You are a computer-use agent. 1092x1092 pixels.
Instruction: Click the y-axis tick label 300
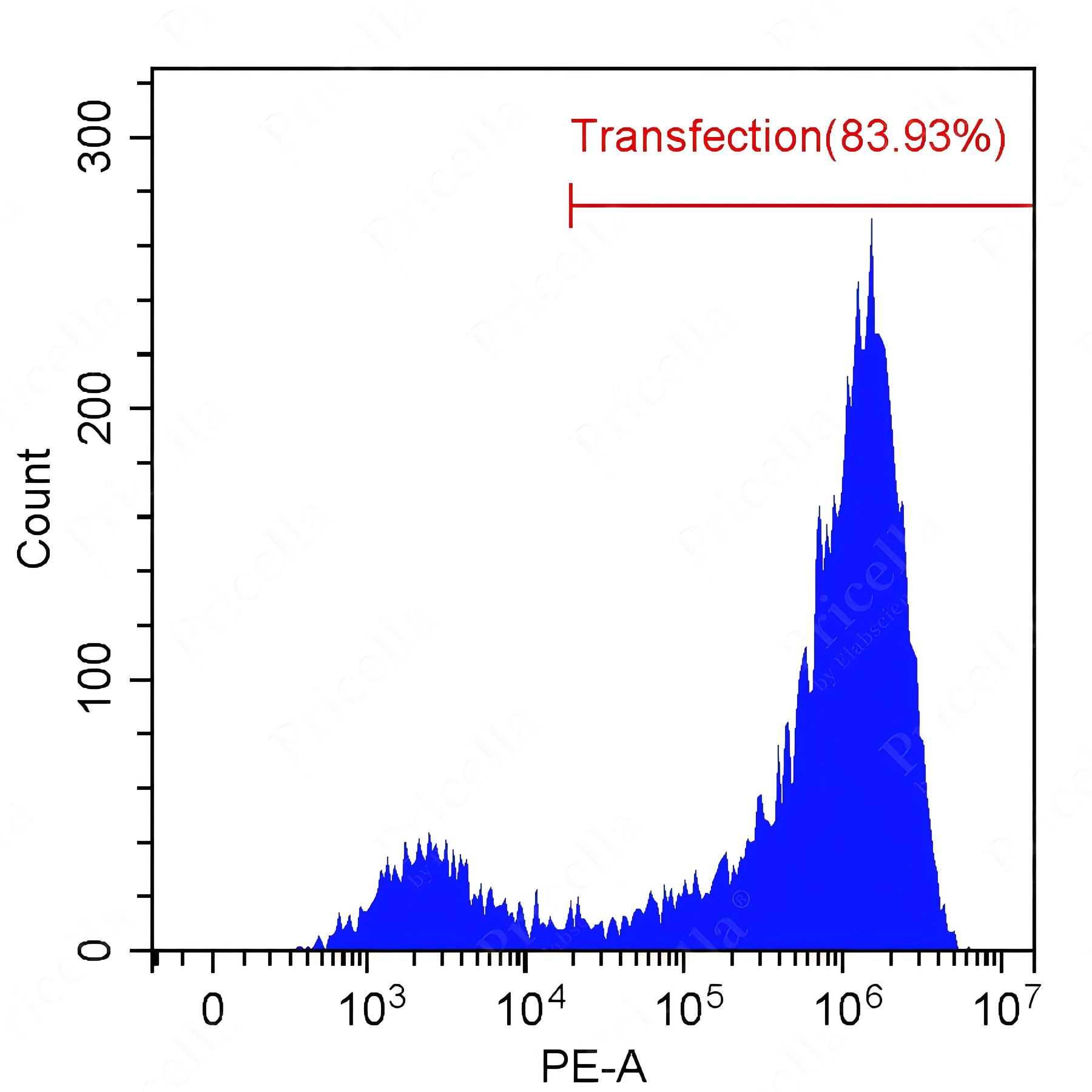96,137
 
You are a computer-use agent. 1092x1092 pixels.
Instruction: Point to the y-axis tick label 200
96,408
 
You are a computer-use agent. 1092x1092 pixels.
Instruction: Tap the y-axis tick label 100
96,679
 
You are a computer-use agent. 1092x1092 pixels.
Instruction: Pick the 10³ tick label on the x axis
372,1008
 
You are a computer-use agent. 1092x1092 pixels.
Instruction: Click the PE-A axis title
593,1067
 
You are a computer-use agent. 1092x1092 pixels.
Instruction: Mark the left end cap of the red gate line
571,205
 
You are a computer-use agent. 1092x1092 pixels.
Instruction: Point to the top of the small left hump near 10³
429,835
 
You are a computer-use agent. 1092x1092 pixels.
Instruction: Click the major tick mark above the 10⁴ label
525,962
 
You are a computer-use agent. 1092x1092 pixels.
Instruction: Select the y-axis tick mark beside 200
141,408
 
